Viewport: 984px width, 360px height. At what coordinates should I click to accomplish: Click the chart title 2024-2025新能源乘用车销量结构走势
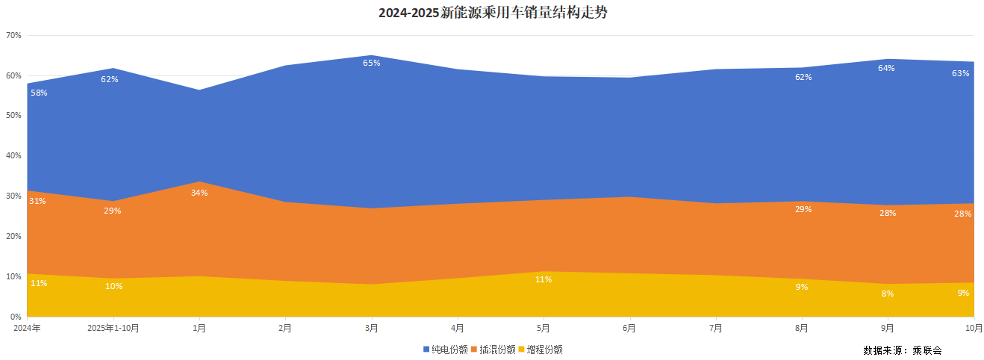click(x=493, y=13)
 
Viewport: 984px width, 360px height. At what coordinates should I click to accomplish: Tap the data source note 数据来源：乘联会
click(x=903, y=350)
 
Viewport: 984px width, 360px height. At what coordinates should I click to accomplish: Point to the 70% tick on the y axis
click(x=13, y=36)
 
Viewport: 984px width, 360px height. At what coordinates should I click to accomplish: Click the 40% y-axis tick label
click(x=13, y=156)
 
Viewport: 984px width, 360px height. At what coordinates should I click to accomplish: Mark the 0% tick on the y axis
click(x=15, y=317)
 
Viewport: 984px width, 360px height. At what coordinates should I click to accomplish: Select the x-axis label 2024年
click(x=27, y=327)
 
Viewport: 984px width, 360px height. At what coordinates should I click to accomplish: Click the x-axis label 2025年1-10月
click(x=113, y=327)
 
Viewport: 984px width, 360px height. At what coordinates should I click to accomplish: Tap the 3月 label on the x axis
click(x=371, y=327)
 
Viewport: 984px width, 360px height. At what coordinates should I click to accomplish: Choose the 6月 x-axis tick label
click(x=629, y=327)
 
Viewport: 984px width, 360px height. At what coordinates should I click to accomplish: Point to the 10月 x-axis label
click(x=974, y=327)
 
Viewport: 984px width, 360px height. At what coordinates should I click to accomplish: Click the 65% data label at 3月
click(x=371, y=63)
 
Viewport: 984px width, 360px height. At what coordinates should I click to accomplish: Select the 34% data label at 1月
click(x=199, y=193)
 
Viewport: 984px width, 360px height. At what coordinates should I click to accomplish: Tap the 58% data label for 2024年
click(x=39, y=93)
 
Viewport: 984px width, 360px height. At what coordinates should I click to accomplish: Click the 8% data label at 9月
click(x=888, y=294)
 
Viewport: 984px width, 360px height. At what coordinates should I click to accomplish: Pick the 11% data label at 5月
click(x=544, y=279)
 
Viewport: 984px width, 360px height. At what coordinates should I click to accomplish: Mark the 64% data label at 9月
click(x=886, y=68)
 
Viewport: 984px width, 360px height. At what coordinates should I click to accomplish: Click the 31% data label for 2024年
click(x=37, y=201)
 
